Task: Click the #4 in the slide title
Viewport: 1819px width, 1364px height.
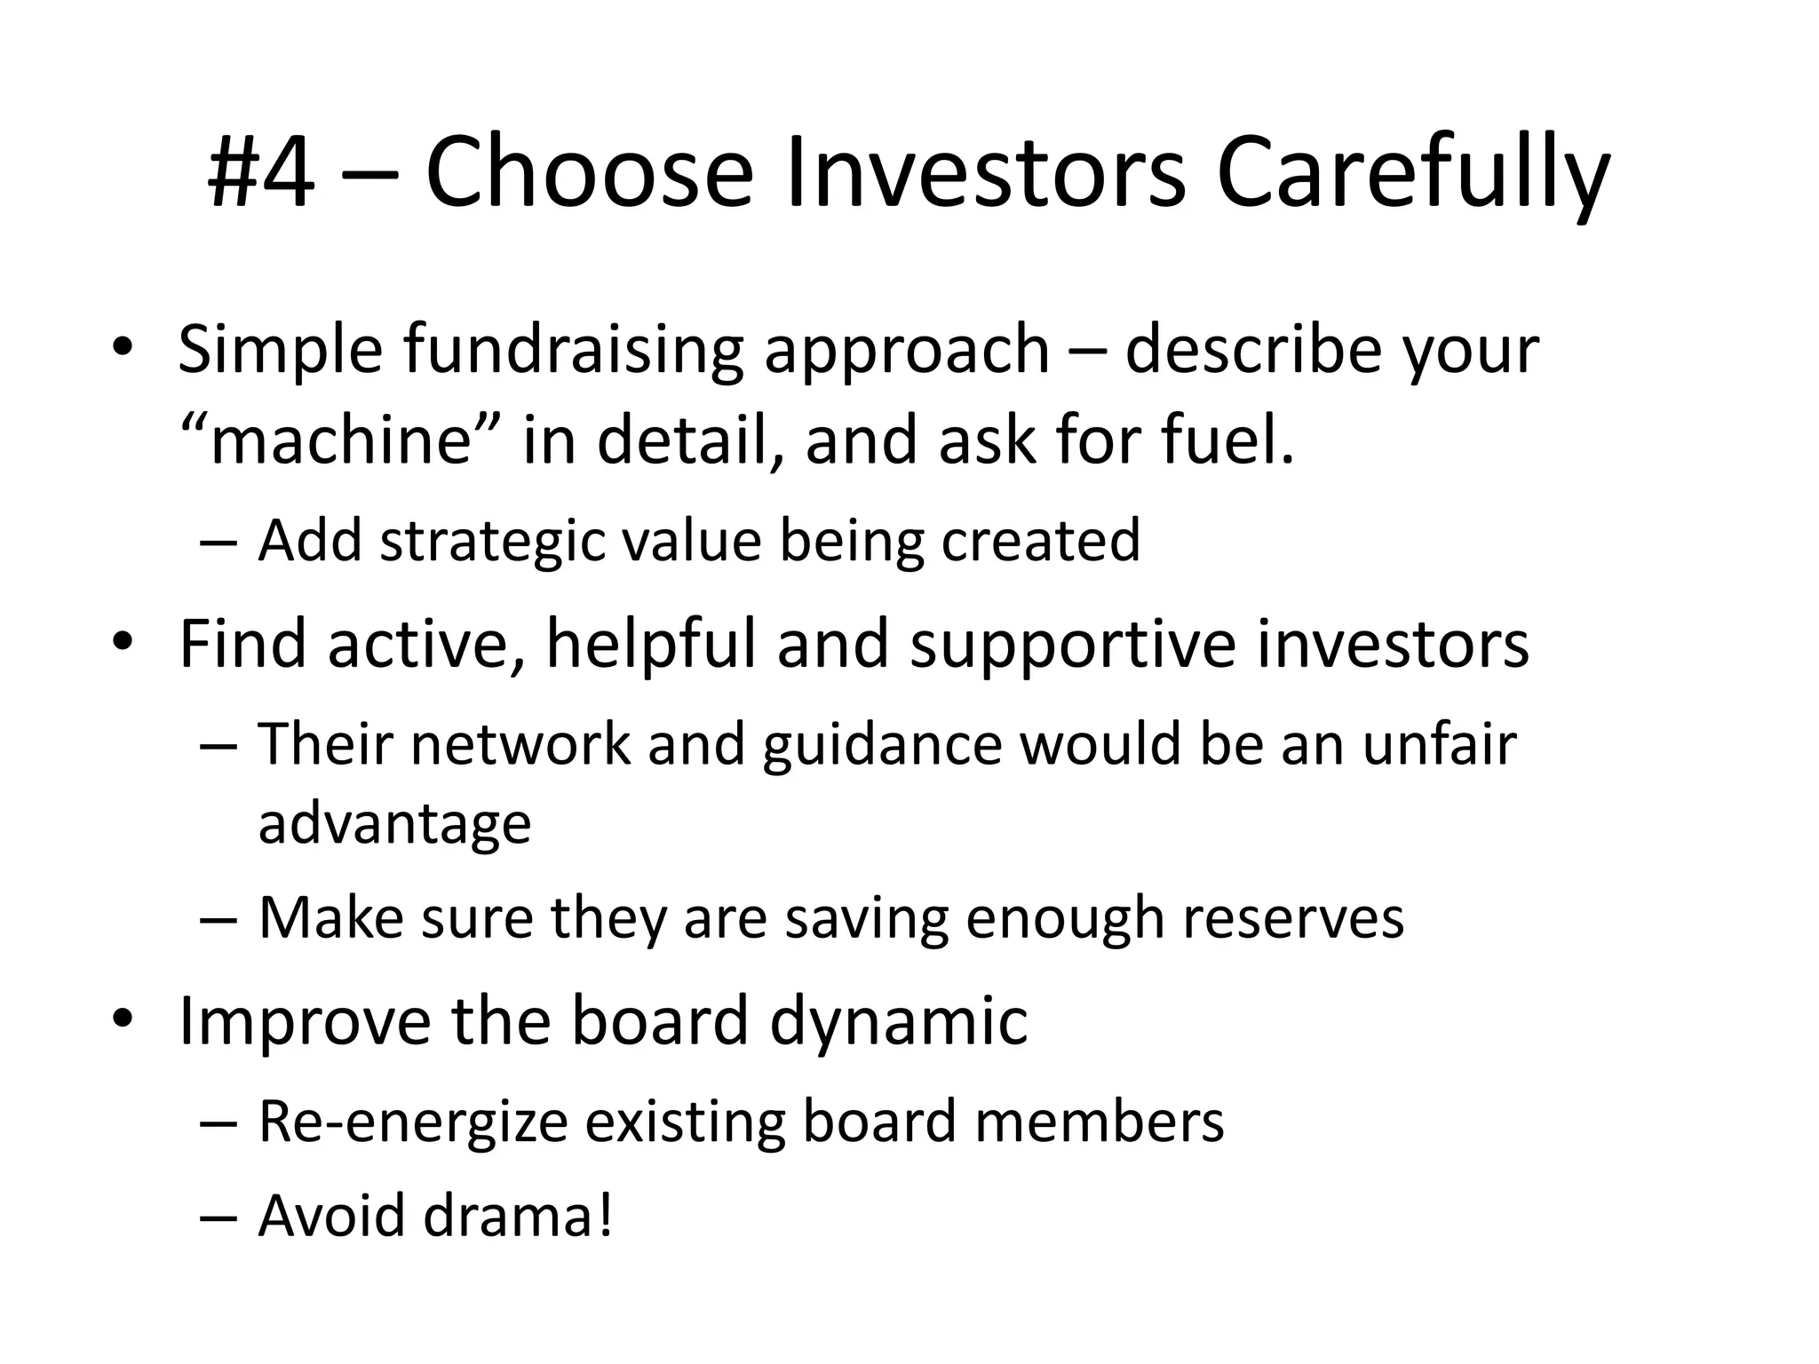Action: pos(260,173)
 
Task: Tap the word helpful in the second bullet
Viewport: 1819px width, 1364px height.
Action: pos(650,644)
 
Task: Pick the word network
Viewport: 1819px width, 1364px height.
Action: pos(520,743)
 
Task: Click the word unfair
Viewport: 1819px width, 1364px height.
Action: pos(1439,743)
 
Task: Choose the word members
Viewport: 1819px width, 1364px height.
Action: pos(1099,1122)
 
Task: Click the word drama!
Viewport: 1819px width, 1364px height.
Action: pos(518,1216)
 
